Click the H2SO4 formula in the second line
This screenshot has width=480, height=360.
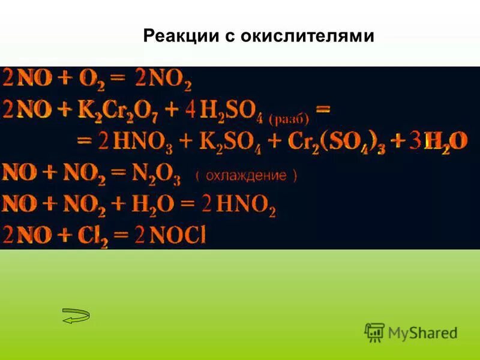[236, 112]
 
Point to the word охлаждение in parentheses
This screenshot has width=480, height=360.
[246, 176]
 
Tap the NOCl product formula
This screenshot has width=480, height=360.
[177, 235]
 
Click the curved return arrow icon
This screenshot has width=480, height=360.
[76, 316]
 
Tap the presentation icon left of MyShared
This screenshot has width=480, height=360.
[374, 332]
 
